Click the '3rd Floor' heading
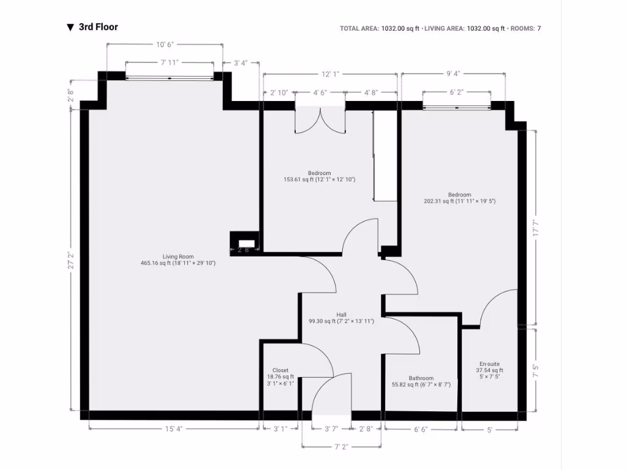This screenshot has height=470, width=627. [98, 27]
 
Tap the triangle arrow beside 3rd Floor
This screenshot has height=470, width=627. [70, 28]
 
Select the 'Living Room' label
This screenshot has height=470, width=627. [178, 256]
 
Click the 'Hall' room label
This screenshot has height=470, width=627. [341, 315]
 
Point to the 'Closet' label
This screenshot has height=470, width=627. [280, 370]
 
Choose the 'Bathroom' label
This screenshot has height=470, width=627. [421, 378]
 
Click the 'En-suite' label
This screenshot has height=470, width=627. [489, 364]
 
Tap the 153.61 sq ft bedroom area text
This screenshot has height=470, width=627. [319, 179]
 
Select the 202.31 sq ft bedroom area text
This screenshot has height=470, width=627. [459, 201]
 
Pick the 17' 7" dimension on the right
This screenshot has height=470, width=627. [536, 228]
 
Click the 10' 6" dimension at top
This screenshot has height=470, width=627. [165, 45]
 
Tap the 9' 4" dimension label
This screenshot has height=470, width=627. [453, 74]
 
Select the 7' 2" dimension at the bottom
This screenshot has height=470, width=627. [342, 447]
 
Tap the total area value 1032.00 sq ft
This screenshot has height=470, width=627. [400, 28]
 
